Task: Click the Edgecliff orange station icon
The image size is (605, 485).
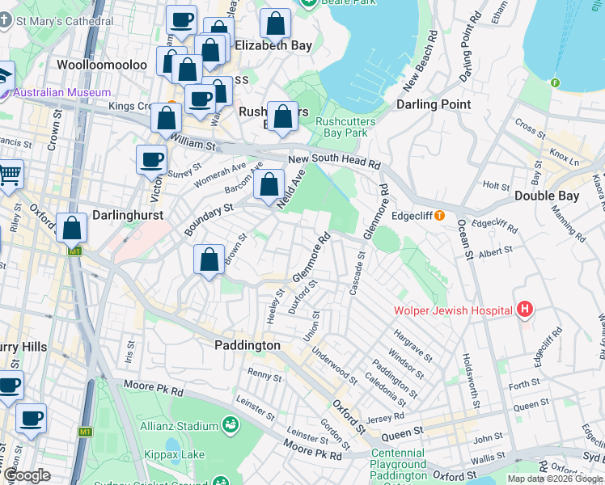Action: click(x=439, y=216)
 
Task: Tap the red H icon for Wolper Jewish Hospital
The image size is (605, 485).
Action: click(x=526, y=310)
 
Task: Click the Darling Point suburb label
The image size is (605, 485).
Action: click(x=434, y=105)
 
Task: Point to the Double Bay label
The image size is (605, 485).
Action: click(x=546, y=196)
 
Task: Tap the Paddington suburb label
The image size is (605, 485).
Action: click(x=247, y=345)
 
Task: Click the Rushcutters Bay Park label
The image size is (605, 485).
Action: click(x=345, y=127)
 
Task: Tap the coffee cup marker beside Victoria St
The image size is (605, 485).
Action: click(x=151, y=160)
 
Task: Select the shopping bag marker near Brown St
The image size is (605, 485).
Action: click(x=209, y=260)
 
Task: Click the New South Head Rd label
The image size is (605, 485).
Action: click(x=334, y=162)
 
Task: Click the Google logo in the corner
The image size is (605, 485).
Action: click(x=27, y=476)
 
